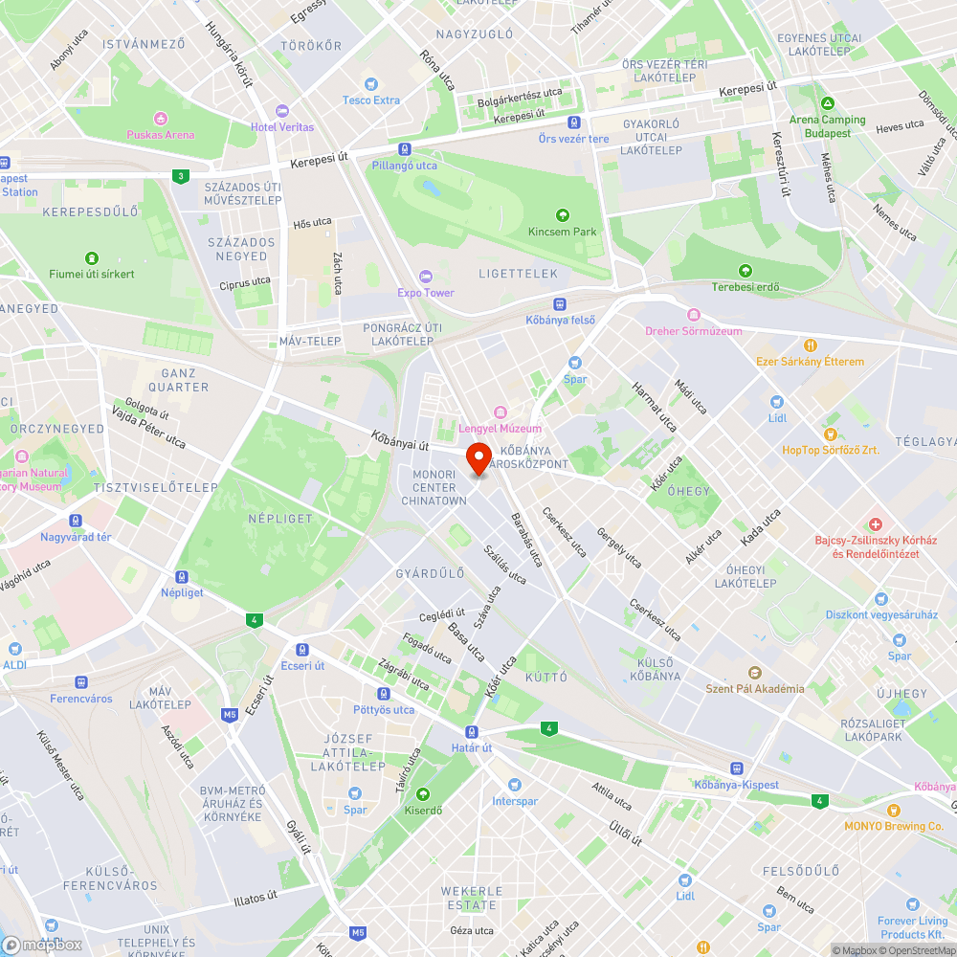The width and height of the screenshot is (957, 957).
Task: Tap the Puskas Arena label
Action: [160, 135]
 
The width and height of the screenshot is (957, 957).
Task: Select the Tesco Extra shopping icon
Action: [372, 84]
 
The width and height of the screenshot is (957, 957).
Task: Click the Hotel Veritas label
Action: [281, 127]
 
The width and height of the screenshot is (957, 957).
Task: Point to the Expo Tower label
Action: [426, 292]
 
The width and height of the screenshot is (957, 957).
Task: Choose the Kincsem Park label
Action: [562, 232]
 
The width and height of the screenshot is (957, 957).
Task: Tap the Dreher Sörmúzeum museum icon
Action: [693, 315]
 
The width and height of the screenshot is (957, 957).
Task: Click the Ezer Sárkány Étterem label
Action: [810, 361]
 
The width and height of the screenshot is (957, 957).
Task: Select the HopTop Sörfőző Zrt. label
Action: [829, 450]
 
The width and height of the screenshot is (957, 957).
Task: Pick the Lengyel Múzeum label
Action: [500, 428]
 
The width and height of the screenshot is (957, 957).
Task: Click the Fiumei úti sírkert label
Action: [92, 274]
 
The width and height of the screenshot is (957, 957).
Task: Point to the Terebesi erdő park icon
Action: [746, 271]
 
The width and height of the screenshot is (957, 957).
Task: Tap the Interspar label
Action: [515, 801]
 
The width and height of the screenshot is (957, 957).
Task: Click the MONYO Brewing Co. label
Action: [894, 826]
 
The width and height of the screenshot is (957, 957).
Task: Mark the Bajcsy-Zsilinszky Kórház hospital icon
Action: [875, 524]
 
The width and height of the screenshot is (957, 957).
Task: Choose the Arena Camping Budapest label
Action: [827, 126]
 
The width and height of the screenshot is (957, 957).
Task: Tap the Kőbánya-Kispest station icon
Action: [736, 768]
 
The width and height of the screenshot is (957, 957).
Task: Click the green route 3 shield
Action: [180, 175]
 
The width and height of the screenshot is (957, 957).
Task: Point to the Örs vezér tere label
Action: [573, 139]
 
